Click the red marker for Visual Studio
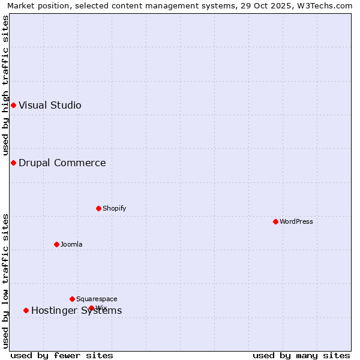[13, 106]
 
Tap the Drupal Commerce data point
[13, 163]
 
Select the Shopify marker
[98, 209]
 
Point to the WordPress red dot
[275, 222]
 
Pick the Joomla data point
[56, 245]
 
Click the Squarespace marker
[72, 299]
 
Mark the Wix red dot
[91, 308]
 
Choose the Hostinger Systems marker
[26, 311]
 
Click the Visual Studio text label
[50, 106]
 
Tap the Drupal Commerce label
[62, 163]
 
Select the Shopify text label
[114, 209]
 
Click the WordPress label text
[296, 222]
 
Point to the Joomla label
[71, 245]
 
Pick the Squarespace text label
[97, 299]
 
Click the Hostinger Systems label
[76, 311]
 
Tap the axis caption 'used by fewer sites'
[62, 356]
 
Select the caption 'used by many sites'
[301, 356]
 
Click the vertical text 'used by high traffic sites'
[5, 85]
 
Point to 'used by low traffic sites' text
[5, 281]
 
